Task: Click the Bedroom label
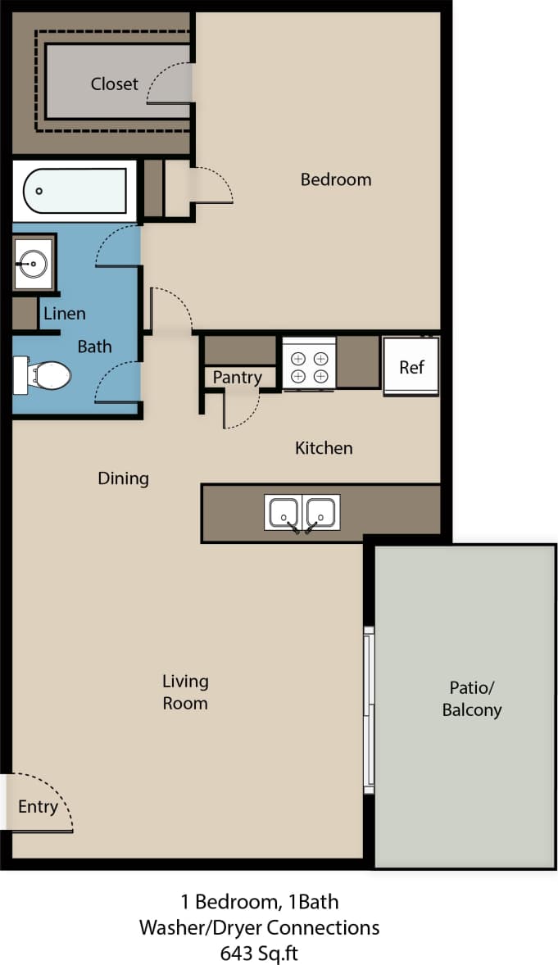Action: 335,179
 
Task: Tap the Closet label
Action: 114,84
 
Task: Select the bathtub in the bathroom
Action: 75,191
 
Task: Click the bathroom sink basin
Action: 34,263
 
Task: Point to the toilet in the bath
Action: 44,375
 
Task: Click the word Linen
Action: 64,313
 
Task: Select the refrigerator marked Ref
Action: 411,367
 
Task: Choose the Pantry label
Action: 237,378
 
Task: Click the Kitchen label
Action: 324,448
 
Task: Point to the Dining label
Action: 123,478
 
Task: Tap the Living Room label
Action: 185,692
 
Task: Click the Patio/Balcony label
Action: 471,699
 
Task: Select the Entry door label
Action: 38,807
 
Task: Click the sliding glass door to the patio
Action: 370,709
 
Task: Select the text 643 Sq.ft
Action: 259,953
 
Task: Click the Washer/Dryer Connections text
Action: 259,927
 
